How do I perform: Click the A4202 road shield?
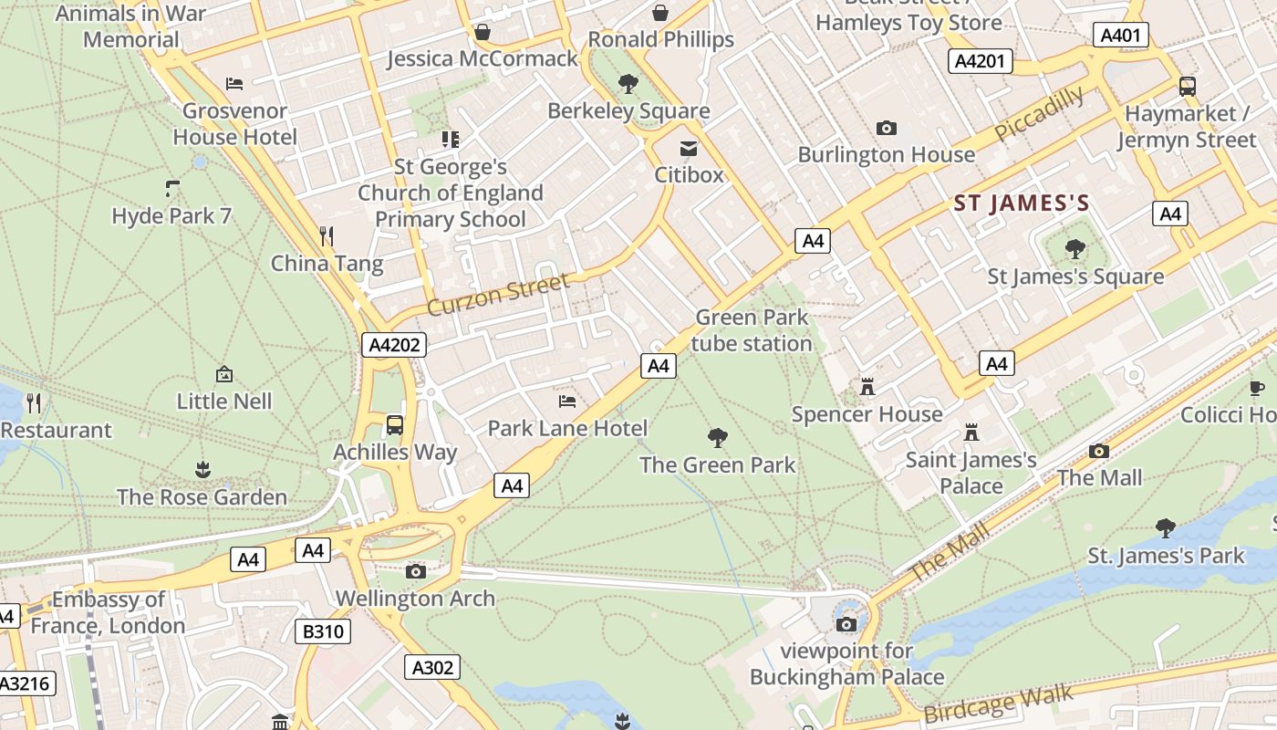pyautogui.click(x=394, y=345)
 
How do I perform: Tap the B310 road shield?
pyautogui.click(x=324, y=631)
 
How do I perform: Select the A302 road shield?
pyautogui.click(x=432, y=667)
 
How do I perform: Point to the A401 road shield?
pyautogui.click(x=1120, y=36)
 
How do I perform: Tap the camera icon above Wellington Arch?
pyautogui.click(x=416, y=571)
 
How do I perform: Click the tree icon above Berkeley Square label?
pyautogui.click(x=628, y=84)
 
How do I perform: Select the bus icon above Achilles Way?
pyautogui.click(x=395, y=424)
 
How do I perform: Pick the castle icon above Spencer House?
pyautogui.click(x=867, y=387)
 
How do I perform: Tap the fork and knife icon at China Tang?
pyautogui.click(x=327, y=236)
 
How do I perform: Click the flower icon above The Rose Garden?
pyautogui.click(x=202, y=470)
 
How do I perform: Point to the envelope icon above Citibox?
pyautogui.click(x=689, y=148)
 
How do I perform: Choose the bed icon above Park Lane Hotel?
pyautogui.click(x=567, y=401)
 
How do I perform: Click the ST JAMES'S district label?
pyautogui.click(x=1022, y=203)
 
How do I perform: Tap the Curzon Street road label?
pyautogui.click(x=498, y=294)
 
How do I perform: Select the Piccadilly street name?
pyautogui.click(x=1039, y=114)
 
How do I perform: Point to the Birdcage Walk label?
pyautogui.click(x=998, y=704)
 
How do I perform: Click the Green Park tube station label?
pyautogui.click(x=752, y=330)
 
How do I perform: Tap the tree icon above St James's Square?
pyautogui.click(x=1075, y=248)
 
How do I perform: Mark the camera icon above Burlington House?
pyautogui.click(x=886, y=128)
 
